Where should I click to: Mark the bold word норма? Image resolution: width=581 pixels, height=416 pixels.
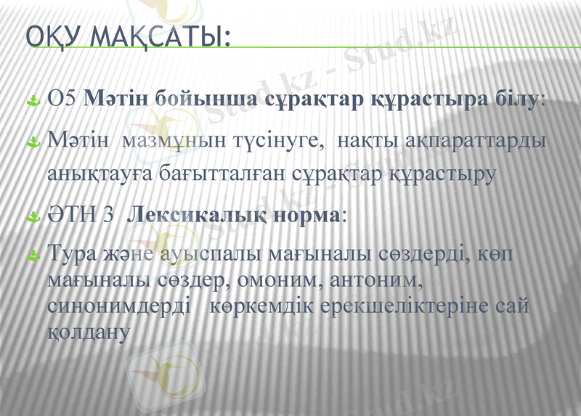tap(304, 216)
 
